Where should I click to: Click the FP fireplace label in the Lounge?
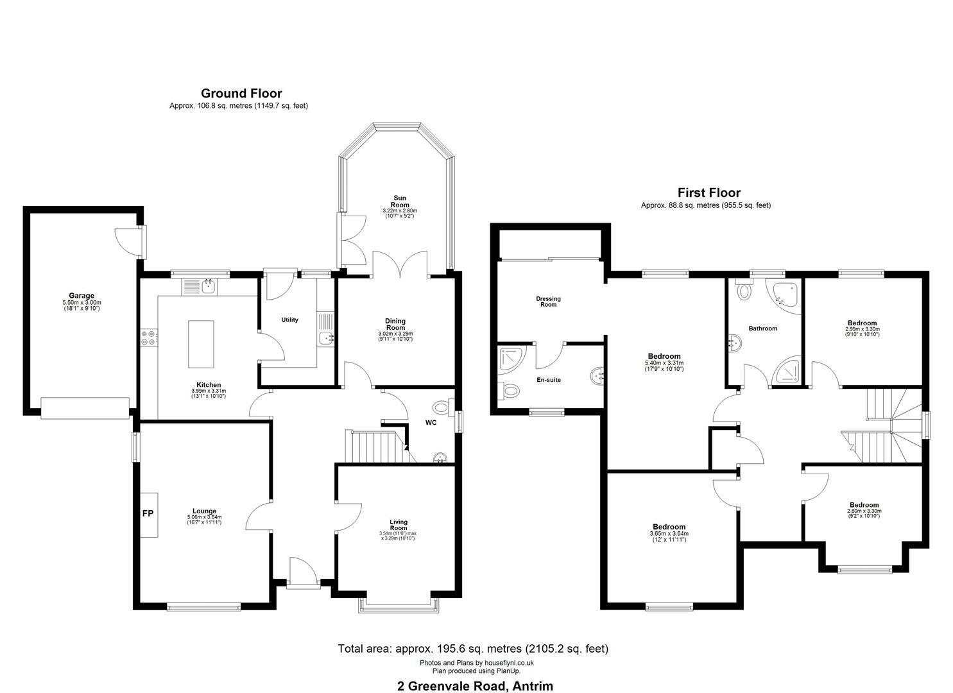click(148, 513)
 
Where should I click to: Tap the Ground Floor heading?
click(241, 93)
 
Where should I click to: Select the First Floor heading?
click(708, 193)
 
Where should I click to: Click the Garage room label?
click(82, 295)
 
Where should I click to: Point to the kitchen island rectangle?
click(201, 344)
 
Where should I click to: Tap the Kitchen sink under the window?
click(208, 286)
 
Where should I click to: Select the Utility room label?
click(289, 320)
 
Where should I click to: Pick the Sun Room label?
click(400, 201)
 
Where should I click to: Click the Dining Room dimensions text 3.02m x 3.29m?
click(395, 334)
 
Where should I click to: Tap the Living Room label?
click(399, 524)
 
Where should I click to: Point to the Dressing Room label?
click(549, 302)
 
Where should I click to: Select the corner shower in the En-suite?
click(512, 359)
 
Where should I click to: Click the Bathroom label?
click(763, 328)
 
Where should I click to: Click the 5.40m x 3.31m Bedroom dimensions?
click(664, 363)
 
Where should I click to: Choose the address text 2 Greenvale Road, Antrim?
click(476, 674)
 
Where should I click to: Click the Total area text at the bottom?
click(473, 648)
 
